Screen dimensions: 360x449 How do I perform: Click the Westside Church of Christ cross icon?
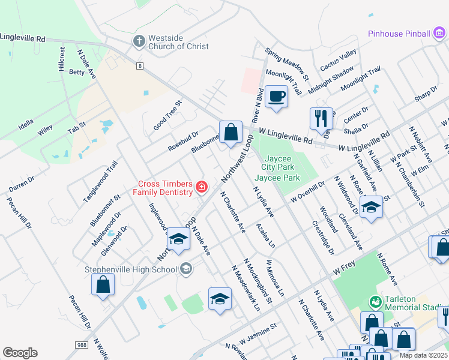click(x=139, y=41)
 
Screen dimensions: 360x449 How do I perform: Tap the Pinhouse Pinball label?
click(x=399, y=34)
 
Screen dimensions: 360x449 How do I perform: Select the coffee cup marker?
click(x=276, y=97)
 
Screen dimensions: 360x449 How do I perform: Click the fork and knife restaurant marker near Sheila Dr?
click(x=321, y=118)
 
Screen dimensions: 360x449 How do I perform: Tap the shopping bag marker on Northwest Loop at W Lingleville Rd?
click(x=231, y=132)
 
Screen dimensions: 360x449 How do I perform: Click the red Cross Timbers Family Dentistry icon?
click(x=202, y=188)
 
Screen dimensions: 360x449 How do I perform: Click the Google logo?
click(x=20, y=353)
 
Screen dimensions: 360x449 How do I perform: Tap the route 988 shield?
click(x=82, y=345)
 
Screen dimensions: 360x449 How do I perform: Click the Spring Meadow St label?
click(x=287, y=64)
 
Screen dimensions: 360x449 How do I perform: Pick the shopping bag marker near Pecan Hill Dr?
click(x=103, y=284)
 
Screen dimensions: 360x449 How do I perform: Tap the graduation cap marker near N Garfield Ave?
click(x=372, y=207)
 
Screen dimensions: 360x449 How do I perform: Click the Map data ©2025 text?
click(x=424, y=355)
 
